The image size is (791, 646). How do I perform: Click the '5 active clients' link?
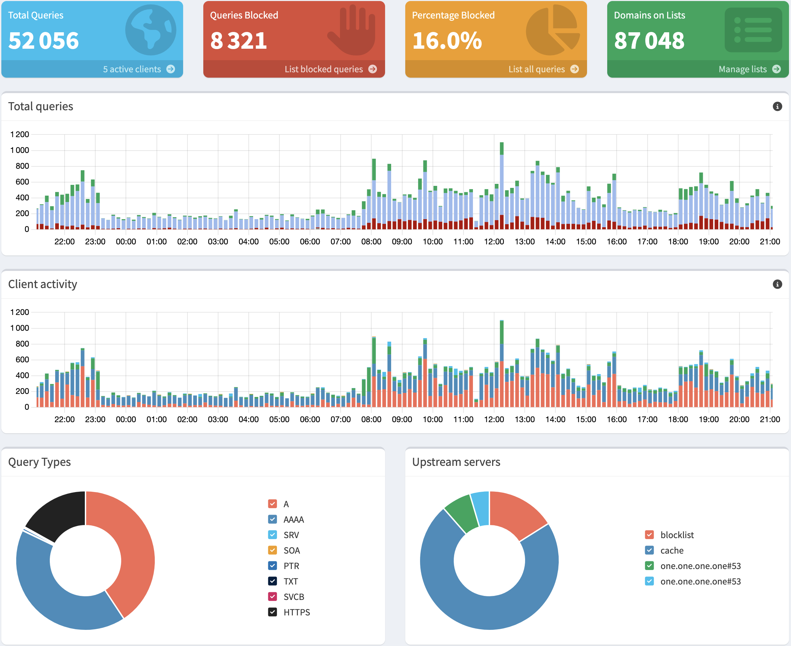pyautogui.click(x=138, y=69)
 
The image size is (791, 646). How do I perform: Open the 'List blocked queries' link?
pyautogui.click(x=330, y=69)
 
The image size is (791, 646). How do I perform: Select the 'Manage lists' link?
pyautogui.click(x=749, y=69)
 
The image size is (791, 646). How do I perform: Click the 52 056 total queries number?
pyautogui.click(x=44, y=41)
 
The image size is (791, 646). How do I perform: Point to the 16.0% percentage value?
pyautogui.click(x=447, y=41)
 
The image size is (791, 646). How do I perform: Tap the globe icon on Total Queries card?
pyautogui.click(x=150, y=30)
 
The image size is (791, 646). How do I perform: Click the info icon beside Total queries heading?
pyautogui.click(x=777, y=107)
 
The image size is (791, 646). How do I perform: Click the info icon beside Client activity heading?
pyautogui.click(x=777, y=284)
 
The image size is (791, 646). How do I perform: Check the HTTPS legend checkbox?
pyautogui.click(x=272, y=612)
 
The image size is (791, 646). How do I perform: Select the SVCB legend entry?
pyautogui.click(x=294, y=597)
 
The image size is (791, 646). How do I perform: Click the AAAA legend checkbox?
pyautogui.click(x=272, y=520)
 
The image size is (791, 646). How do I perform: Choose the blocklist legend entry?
pyautogui.click(x=677, y=535)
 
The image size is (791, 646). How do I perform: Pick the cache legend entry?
pyautogui.click(x=672, y=550)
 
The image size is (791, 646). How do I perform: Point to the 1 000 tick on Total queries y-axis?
pyautogui.click(x=20, y=150)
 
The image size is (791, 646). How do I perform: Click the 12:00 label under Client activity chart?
pyautogui.click(x=494, y=419)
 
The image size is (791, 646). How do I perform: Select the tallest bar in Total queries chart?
pyautogui.click(x=502, y=186)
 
